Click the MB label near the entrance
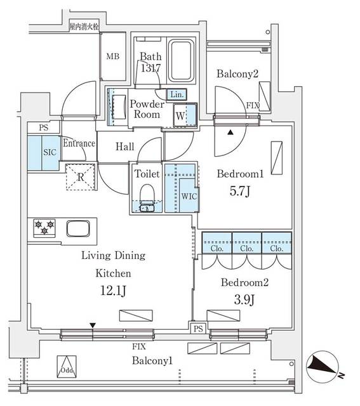[x=112, y=56]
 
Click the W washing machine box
[x=182, y=116]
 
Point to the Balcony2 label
[x=237, y=74]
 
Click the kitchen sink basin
[x=80, y=228]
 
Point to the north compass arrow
[x=323, y=366]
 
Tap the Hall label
[x=125, y=147]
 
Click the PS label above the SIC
[x=43, y=128]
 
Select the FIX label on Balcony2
[x=253, y=105]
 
